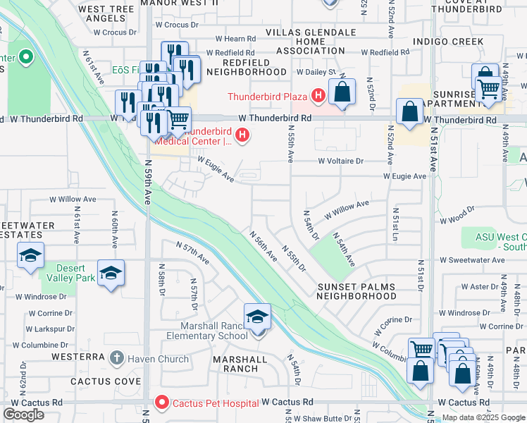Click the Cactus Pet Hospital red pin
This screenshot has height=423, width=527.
coord(162,403)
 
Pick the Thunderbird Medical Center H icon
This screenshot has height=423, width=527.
coord(242,134)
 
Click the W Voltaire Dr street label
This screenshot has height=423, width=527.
coord(340,161)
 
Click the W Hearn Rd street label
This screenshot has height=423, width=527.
coord(235,39)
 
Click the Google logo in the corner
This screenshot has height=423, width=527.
coord(24,415)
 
